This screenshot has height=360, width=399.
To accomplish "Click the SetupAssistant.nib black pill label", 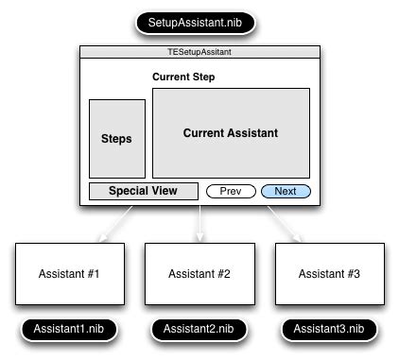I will pyautogui.click(x=199, y=21).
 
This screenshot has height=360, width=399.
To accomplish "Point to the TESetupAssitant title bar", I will pyautogui.click(x=199, y=53).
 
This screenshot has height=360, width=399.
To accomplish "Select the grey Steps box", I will pyautogui.click(x=117, y=139).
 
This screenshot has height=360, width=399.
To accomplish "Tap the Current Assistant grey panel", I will pyautogui.click(x=231, y=133).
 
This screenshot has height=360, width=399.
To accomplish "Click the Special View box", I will pyautogui.click(x=144, y=191).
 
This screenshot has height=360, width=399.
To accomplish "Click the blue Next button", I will pyautogui.click(x=286, y=191).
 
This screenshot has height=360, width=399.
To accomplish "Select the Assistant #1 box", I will pyautogui.click(x=69, y=274).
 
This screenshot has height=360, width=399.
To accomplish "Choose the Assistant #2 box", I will pyautogui.click(x=199, y=274).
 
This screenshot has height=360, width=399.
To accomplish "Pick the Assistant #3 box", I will pyautogui.click(x=329, y=274).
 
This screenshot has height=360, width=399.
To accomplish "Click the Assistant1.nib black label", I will pyautogui.click(x=69, y=329).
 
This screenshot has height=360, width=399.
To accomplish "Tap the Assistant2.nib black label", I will pyautogui.click(x=199, y=329).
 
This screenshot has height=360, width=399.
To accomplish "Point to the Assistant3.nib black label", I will pyautogui.click(x=329, y=329).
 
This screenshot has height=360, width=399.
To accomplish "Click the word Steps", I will pyautogui.click(x=117, y=139).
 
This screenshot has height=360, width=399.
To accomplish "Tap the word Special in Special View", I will pyautogui.click(x=127, y=191).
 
